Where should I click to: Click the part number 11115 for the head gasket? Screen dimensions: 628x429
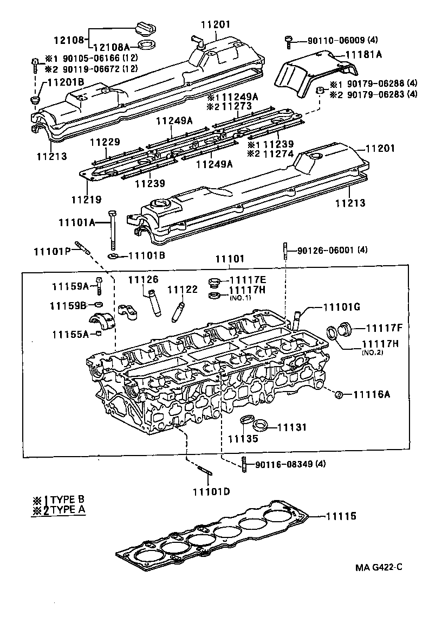click(341, 516)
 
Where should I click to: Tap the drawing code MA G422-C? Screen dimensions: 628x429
click(379, 567)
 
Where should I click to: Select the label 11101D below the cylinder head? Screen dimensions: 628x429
click(210, 492)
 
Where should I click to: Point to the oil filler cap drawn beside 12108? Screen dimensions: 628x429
click(145, 27)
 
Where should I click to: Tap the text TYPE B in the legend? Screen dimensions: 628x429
click(67, 500)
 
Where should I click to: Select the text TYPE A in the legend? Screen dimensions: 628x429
click(67, 510)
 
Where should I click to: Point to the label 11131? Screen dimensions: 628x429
click(292, 428)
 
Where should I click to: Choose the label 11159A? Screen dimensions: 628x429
click(70, 286)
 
